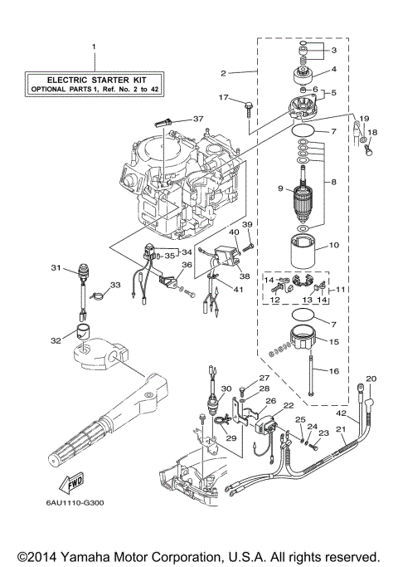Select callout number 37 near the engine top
pos(198,119)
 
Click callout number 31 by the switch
pos(56,267)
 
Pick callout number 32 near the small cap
pos(56,340)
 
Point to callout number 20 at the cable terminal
pos(371,379)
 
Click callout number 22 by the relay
pos(289,405)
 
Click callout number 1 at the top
pos(94,46)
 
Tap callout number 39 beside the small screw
pos(246,225)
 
